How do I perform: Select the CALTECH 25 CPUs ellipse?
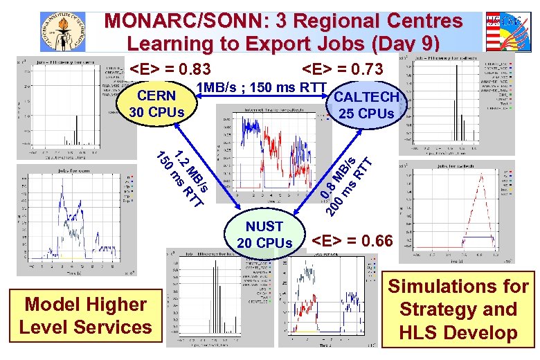point(366,105)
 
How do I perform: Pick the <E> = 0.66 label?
point(352,242)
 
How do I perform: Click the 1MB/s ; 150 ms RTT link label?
point(262,87)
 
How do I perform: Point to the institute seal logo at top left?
point(63,30)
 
